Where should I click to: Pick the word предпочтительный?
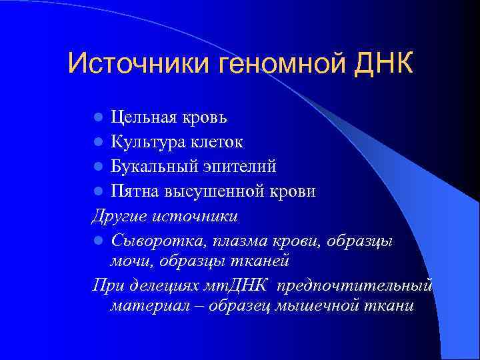coord(355,285)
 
